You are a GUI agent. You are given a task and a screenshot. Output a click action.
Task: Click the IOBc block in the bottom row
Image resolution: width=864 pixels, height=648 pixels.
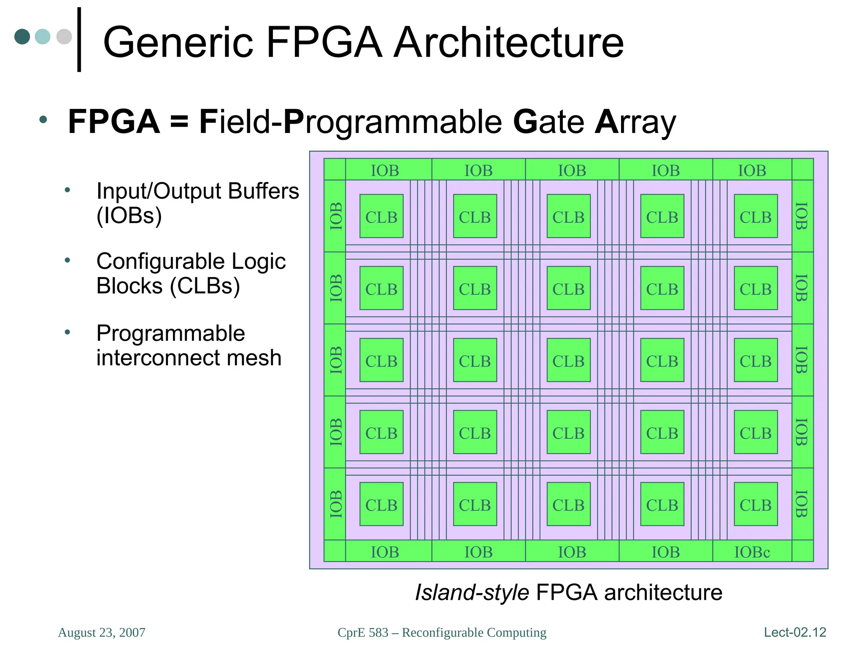point(752,552)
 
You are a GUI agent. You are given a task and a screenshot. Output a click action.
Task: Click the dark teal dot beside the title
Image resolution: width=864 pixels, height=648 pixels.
point(22,36)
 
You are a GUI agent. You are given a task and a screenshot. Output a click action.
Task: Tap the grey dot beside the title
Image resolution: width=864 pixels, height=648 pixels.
point(64,36)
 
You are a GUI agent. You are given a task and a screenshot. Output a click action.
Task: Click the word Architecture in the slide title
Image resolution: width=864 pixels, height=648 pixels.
point(508,42)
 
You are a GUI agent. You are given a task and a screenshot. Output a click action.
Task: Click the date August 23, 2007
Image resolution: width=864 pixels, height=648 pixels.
point(102,632)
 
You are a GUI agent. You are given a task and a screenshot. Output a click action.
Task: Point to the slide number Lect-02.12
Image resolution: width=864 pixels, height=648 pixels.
point(795,632)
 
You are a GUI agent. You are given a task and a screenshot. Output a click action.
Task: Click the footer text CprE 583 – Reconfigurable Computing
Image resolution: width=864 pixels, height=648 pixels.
point(442,632)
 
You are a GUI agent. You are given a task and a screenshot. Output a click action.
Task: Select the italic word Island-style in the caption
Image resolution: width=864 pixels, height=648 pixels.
point(472,592)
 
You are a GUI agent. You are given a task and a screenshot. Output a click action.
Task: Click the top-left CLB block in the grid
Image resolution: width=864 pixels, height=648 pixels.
point(381,216)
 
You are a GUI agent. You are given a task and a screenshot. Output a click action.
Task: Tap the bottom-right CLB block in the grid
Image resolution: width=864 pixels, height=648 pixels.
point(756,504)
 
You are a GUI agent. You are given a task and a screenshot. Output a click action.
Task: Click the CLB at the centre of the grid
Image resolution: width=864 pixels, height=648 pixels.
point(568,360)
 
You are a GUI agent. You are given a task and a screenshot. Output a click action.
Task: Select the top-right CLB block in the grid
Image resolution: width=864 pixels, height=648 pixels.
point(756,216)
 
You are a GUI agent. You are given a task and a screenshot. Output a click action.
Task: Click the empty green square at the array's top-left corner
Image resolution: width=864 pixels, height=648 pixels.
point(335,169)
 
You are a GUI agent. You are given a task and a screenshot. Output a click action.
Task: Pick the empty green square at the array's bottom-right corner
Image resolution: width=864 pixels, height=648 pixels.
point(802,551)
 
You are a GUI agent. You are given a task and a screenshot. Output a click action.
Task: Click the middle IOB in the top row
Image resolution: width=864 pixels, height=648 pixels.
point(572,170)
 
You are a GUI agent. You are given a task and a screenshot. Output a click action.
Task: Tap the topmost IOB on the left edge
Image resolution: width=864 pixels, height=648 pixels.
point(335,216)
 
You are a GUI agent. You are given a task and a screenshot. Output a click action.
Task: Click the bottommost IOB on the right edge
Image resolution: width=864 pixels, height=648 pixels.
point(802,504)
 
